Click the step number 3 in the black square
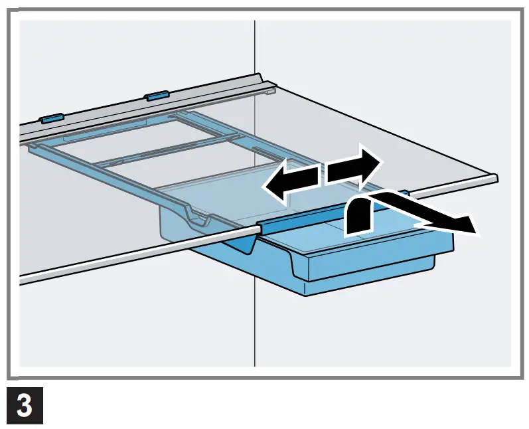point(25,406)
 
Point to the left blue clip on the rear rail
point(51,119)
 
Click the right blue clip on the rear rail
point(157,96)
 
